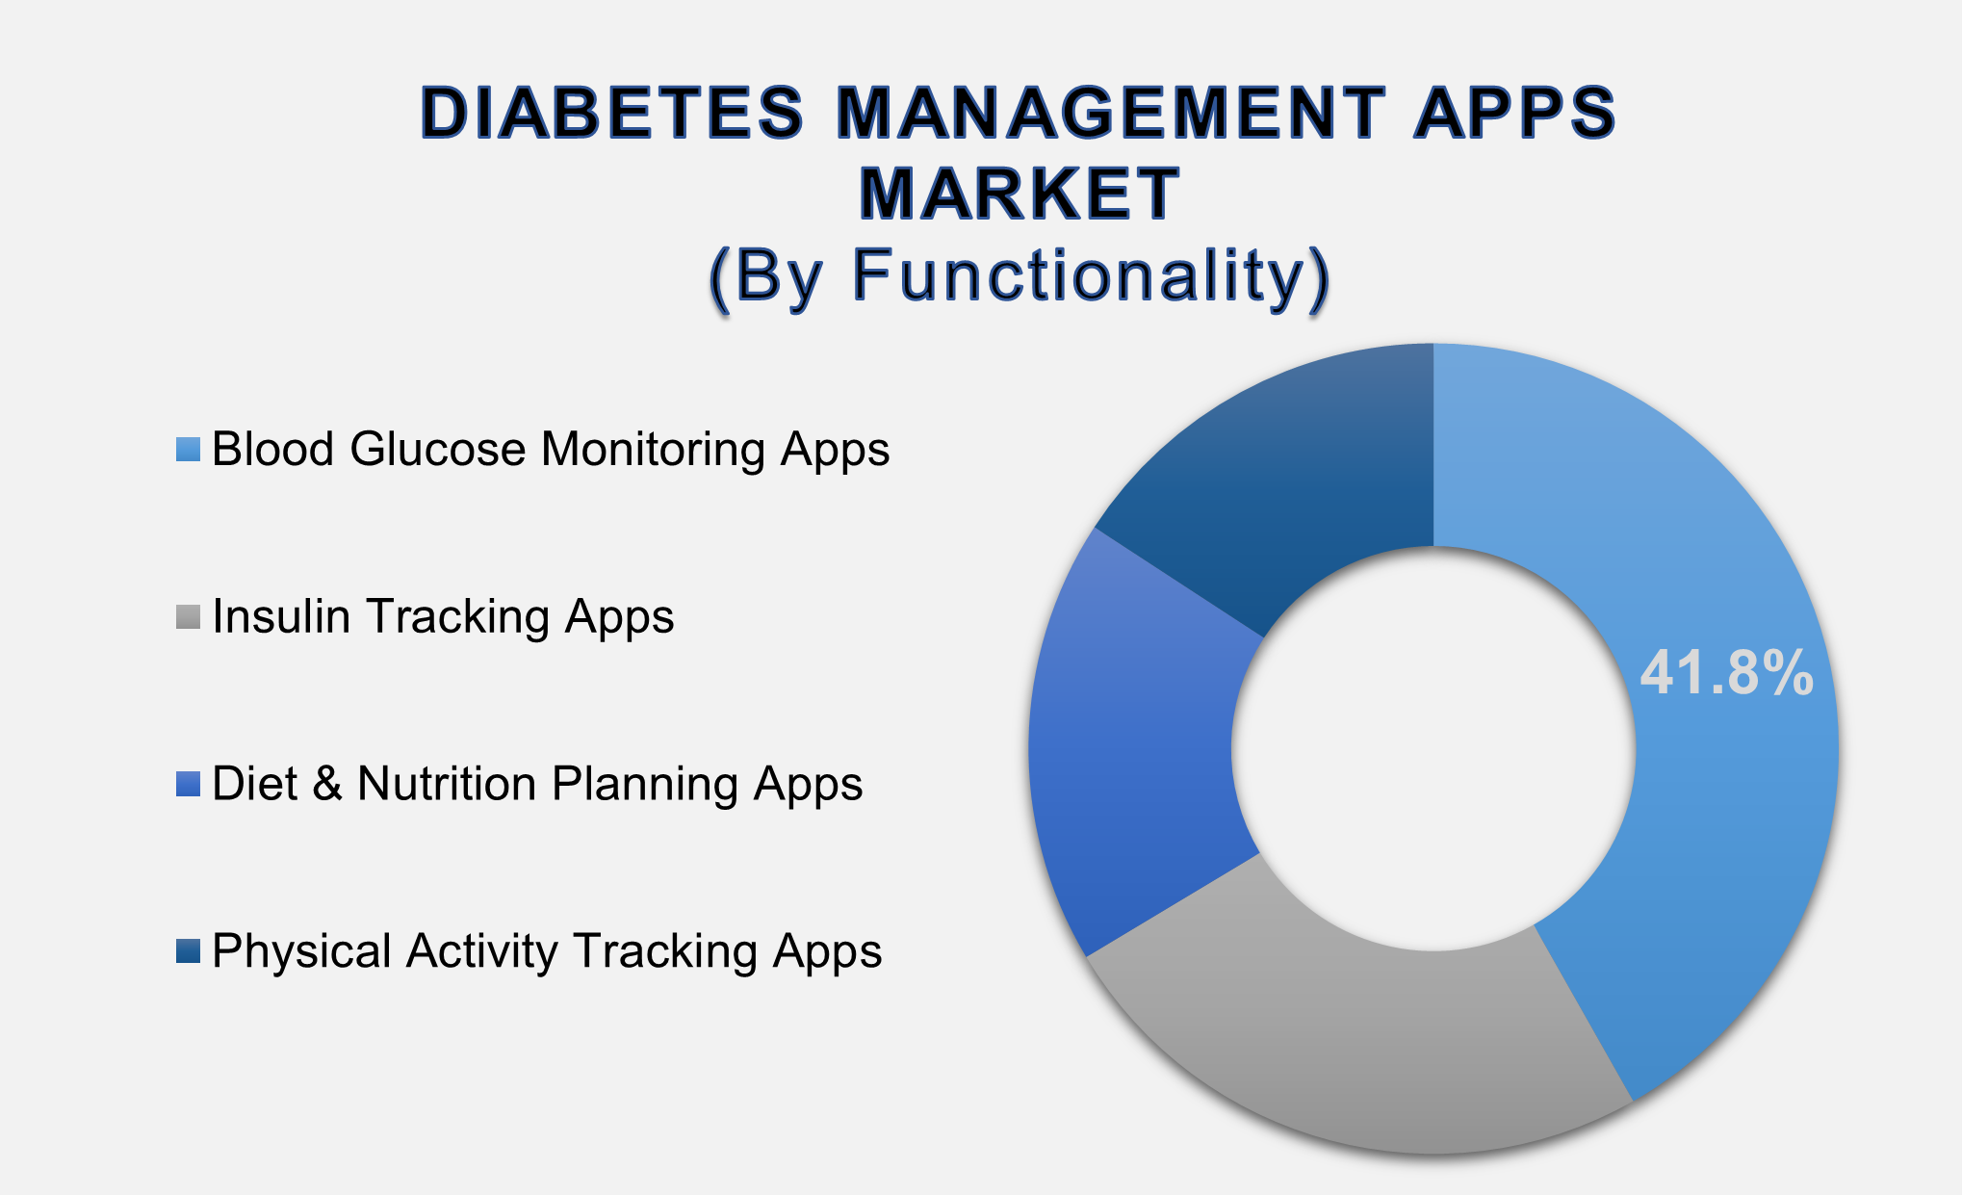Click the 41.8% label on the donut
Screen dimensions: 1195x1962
click(1726, 672)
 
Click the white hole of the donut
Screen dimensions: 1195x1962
click(1433, 748)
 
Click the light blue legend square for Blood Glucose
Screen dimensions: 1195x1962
click(188, 450)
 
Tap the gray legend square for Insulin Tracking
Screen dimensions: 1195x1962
click(188, 617)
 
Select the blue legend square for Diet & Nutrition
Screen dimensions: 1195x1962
click(188, 784)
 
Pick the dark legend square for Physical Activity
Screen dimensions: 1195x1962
click(188, 951)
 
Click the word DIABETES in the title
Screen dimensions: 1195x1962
click(612, 113)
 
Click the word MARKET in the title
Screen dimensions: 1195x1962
click(1020, 194)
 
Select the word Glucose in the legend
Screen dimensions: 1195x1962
click(438, 450)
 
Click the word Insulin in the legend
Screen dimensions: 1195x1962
click(281, 617)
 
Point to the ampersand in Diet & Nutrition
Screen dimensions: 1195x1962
click(327, 784)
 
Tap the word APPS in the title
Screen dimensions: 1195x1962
click(1515, 113)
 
